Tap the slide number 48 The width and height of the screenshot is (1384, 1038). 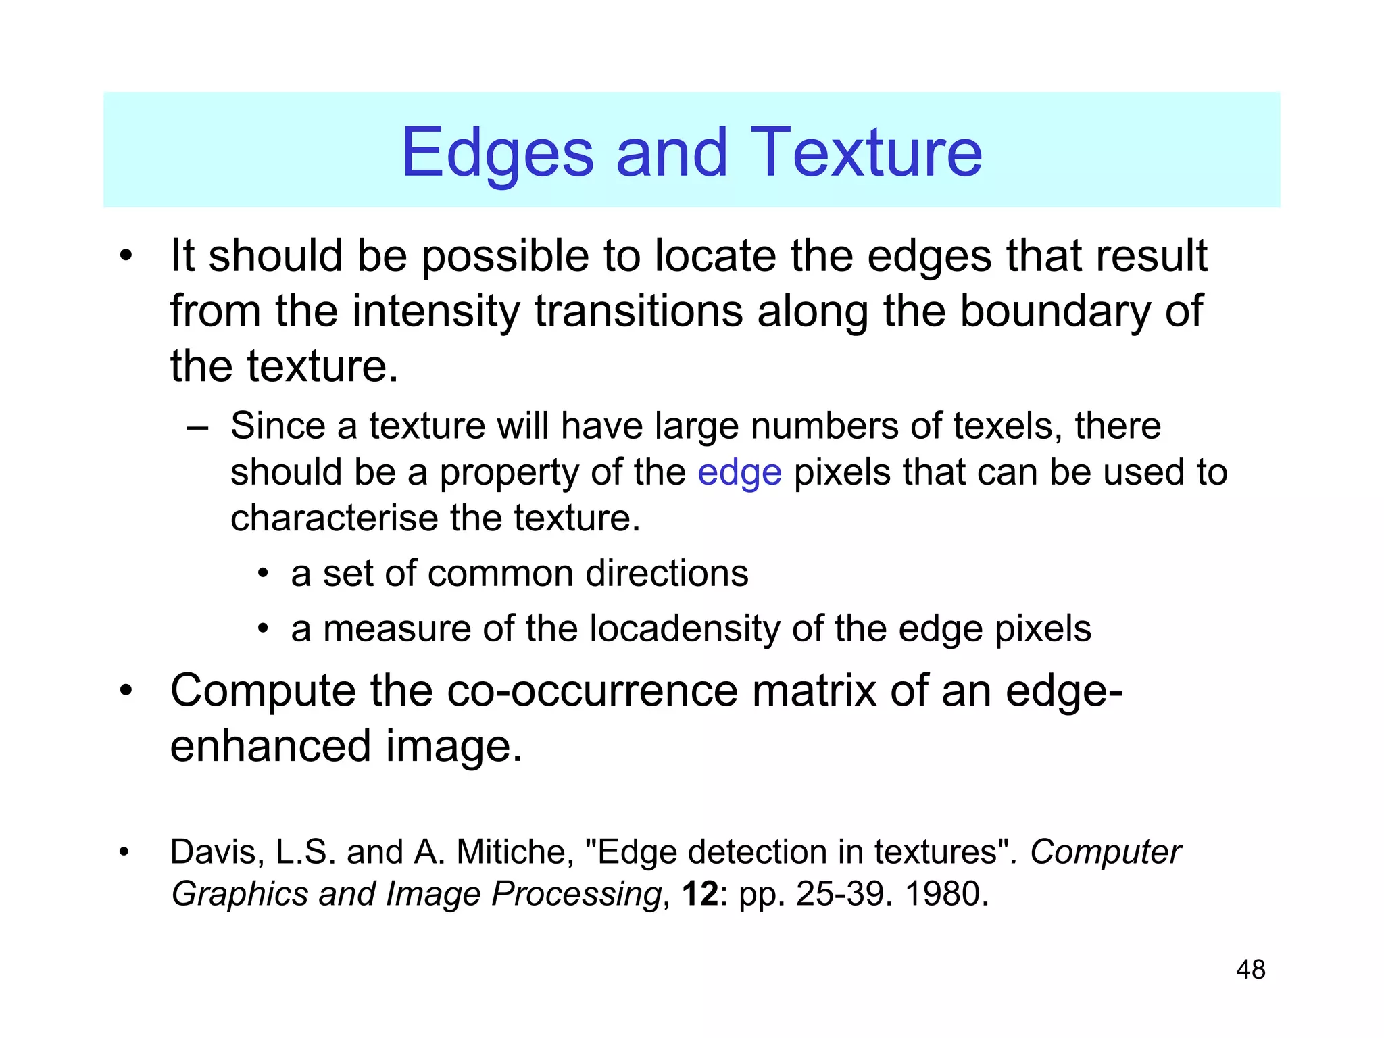(1250, 969)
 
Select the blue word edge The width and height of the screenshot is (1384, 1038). (739, 473)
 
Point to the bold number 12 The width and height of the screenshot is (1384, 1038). (699, 893)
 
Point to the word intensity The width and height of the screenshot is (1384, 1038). (437, 311)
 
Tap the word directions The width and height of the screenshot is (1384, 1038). (666, 574)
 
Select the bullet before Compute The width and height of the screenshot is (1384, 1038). (126, 692)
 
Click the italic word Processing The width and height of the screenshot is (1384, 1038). (576, 893)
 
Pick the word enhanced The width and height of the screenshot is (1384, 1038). (270, 746)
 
